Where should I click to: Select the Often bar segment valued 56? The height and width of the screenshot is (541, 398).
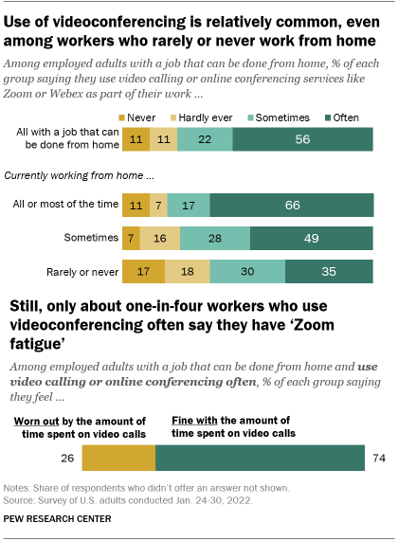pos(304,139)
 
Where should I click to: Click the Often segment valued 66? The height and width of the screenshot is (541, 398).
pos(292,204)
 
